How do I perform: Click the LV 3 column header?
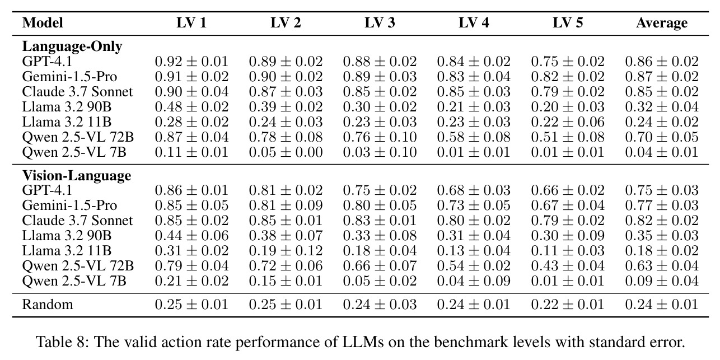pos(380,23)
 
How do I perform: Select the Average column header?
pos(662,23)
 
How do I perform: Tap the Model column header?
pos(43,23)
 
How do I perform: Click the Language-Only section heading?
pos(72,46)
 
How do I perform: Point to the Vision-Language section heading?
pos(77,175)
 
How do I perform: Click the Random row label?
pos(48,305)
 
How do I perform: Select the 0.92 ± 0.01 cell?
pos(191,62)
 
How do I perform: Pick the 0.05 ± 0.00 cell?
pos(286,152)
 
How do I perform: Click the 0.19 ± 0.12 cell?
pos(286,251)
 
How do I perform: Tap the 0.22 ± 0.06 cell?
pos(568,122)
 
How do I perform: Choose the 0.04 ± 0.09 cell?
pos(474,281)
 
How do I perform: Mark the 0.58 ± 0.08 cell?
pos(474,137)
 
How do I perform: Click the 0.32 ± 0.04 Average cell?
pos(662,107)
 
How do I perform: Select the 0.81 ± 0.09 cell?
pos(286,205)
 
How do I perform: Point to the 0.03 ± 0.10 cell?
pos(380,152)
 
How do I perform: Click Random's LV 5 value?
pos(568,305)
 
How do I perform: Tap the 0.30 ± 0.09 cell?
pos(568,236)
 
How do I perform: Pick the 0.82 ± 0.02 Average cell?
pos(662,221)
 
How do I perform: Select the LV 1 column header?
pos(191,23)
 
